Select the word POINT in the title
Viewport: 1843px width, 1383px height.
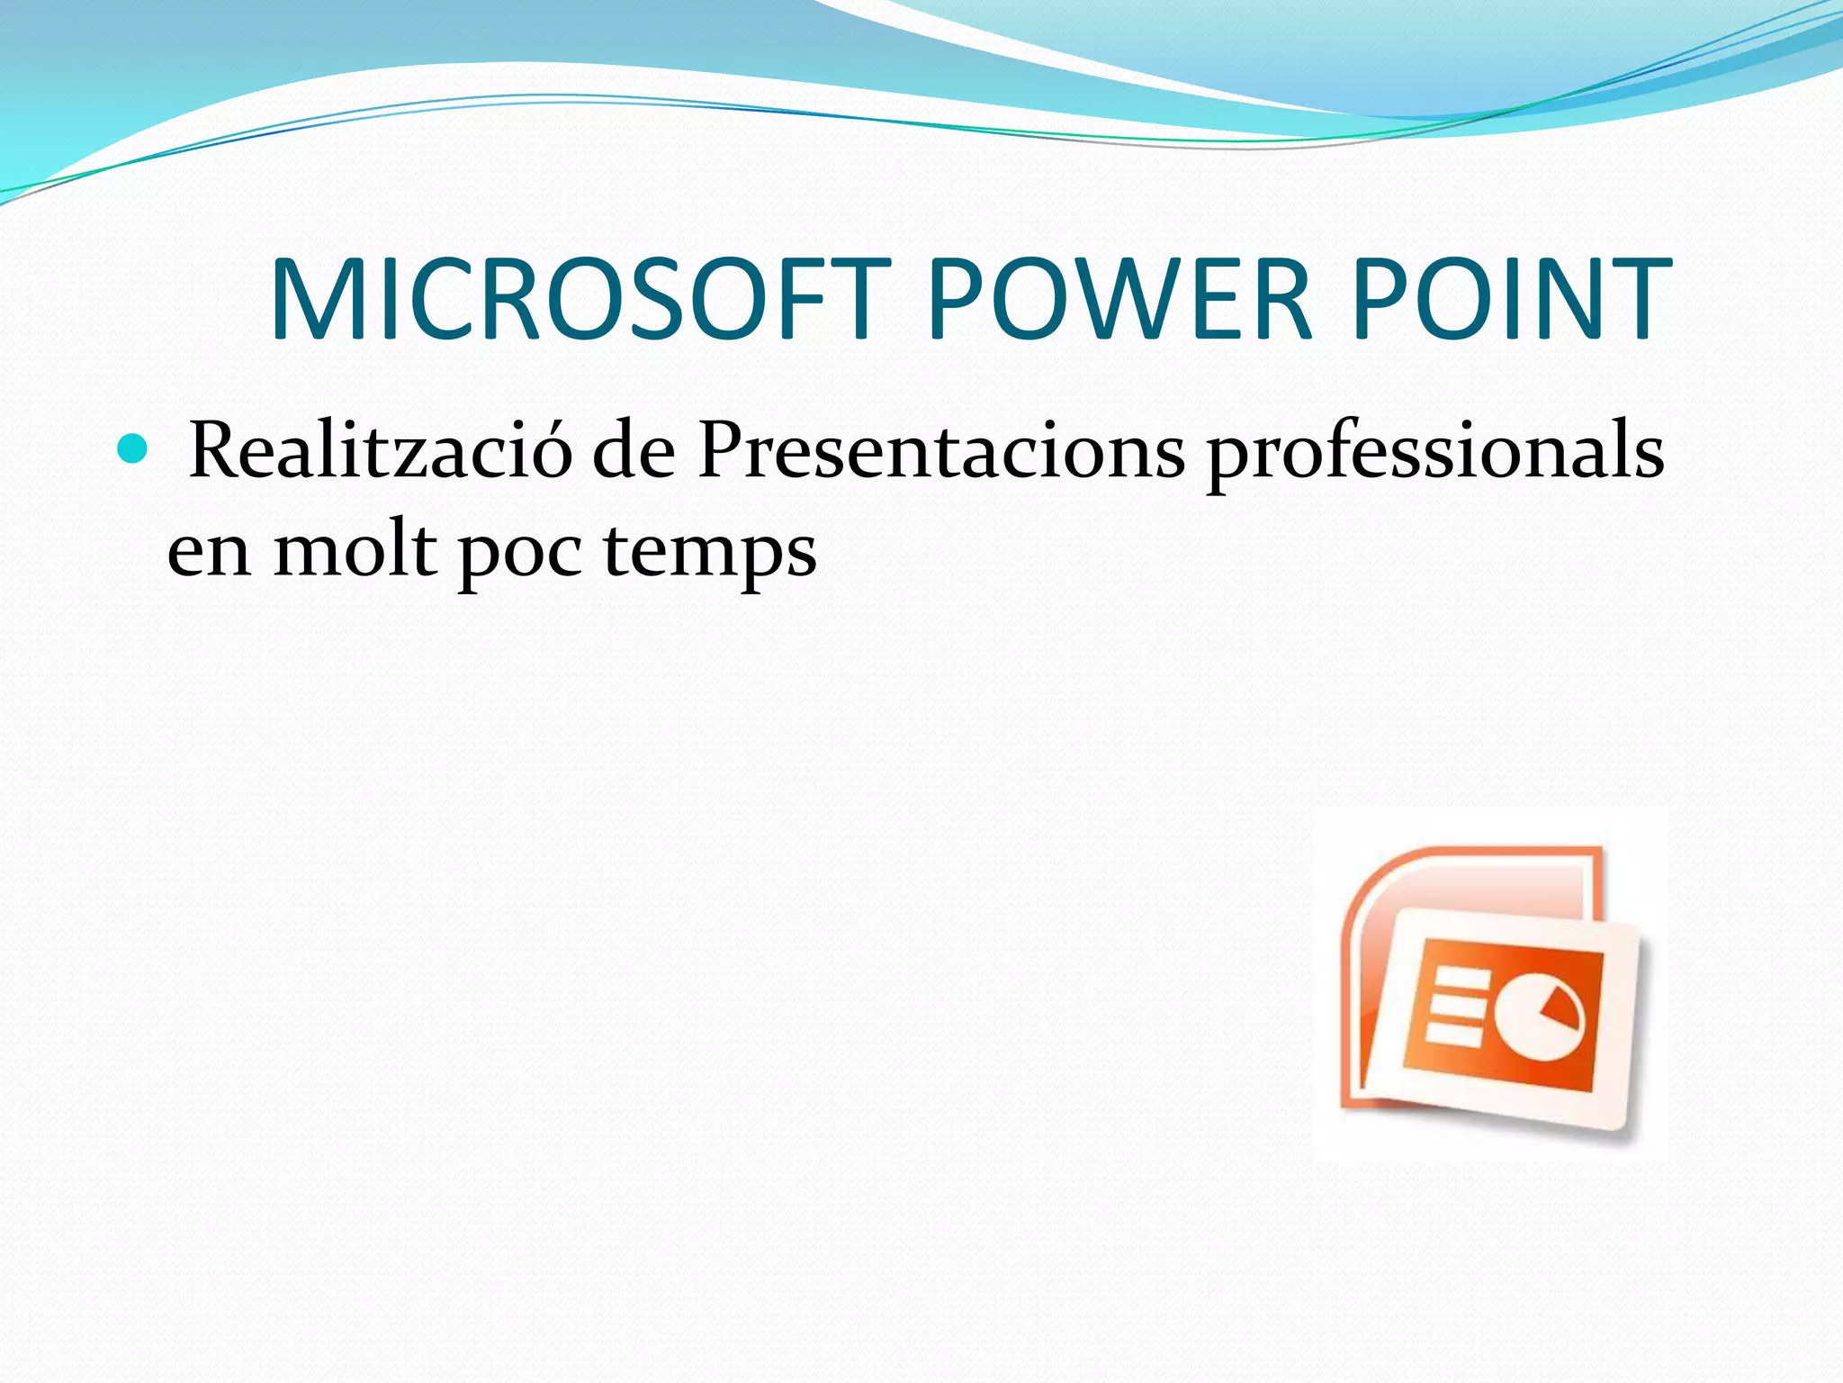tap(1512, 300)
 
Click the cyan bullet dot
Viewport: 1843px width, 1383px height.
tap(132, 447)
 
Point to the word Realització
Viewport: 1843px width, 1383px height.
tap(381, 450)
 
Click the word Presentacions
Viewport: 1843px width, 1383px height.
tap(941, 450)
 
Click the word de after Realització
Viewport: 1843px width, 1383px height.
tap(634, 450)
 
